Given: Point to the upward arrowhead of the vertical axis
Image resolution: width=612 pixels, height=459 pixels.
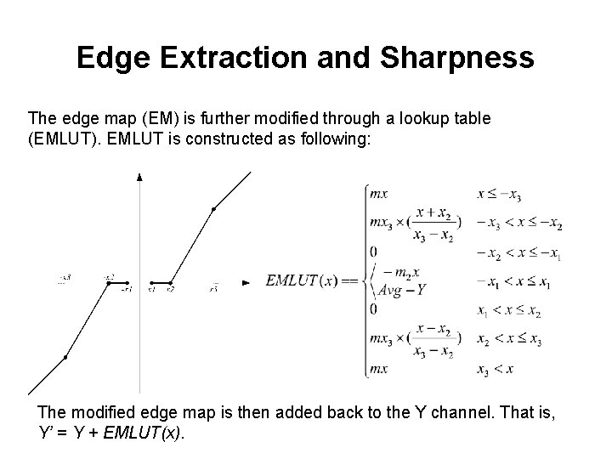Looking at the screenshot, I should click(139, 177).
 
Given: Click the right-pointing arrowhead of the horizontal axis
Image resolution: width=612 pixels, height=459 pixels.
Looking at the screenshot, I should click(246, 282).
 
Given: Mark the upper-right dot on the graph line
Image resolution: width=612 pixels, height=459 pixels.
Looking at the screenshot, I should click(213, 208).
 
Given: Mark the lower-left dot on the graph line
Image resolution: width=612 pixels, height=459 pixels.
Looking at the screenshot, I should click(65, 358).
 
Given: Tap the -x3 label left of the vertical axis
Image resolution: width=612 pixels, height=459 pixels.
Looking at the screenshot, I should click(65, 278).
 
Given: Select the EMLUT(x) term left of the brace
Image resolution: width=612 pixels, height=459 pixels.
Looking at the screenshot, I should click(304, 280).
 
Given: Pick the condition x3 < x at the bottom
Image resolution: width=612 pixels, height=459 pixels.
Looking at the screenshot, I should click(495, 369).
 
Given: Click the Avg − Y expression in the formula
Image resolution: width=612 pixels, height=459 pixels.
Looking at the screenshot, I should click(401, 289).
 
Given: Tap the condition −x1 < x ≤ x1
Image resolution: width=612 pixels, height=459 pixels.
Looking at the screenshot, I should click(507, 280).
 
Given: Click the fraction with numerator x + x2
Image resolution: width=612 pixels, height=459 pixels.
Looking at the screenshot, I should click(433, 223).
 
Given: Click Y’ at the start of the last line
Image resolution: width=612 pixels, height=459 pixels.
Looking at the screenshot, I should click(47, 432).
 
